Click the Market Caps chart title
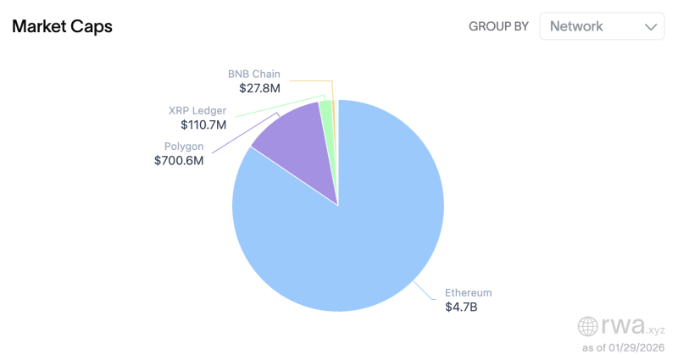pyautogui.click(x=62, y=26)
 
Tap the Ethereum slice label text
pyautogui.click(x=468, y=292)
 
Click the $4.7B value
pyautogui.click(x=461, y=307)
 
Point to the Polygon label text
pyautogui.click(x=184, y=146)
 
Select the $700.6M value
pyautogui.click(x=179, y=160)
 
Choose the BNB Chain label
pyautogui.click(x=254, y=74)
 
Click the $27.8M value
pyautogui.click(x=258, y=87)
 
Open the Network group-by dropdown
pyautogui.click(x=602, y=26)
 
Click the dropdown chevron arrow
pyautogui.click(x=651, y=27)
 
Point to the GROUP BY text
pyautogui.click(x=499, y=26)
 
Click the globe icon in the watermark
pyautogui.click(x=588, y=326)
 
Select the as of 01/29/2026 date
pyautogui.click(x=623, y=347)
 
